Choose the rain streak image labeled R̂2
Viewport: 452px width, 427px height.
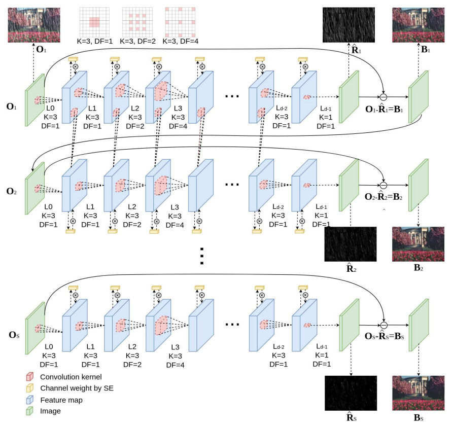350,244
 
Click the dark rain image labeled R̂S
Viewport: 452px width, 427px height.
350,393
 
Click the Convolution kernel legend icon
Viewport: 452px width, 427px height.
29,376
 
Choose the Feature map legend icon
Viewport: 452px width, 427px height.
29,400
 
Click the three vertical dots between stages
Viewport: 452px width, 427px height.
202,256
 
